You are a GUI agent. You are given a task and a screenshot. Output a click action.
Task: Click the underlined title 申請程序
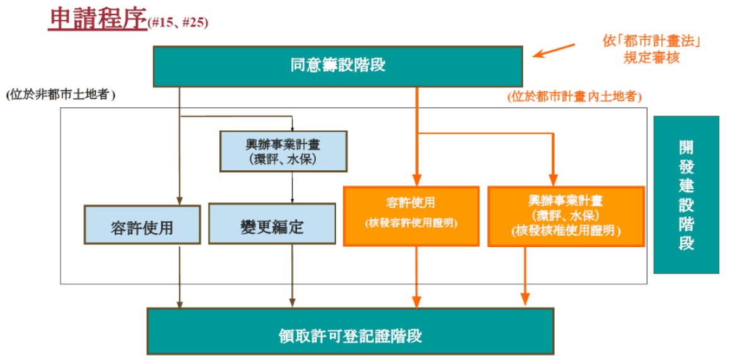tap(97, 18)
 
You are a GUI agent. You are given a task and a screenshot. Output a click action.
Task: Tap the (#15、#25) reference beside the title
tap(178, 22)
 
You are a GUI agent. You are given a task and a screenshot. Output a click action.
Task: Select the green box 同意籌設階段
tap(338, 66)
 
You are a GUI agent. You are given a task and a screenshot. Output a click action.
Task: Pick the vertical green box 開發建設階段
tap(686, 195)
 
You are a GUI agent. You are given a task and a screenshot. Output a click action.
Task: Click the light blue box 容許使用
tap(142, 224)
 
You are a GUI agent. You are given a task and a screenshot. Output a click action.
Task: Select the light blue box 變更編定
tap(272, 224)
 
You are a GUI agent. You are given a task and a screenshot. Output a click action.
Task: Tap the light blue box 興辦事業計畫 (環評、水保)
tap(284, 151)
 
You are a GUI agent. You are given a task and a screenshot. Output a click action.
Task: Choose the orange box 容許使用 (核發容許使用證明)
tap(411, 216)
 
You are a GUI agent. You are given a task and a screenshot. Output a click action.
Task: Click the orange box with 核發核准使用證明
tap(566, 216)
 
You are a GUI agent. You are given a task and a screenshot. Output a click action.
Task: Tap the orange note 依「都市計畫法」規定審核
tap(652, 50)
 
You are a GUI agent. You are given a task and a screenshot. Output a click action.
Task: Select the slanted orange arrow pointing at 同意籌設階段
tap(555, 51)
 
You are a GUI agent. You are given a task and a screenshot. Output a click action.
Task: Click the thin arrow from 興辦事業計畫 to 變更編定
tap(293, 187)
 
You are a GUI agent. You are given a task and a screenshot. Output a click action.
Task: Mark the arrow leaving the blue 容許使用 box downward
tap(180, 276)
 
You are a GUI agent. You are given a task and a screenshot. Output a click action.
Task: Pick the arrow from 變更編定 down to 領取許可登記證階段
tap(293, 276)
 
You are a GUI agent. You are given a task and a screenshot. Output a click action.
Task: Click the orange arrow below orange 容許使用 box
tap(417, 277)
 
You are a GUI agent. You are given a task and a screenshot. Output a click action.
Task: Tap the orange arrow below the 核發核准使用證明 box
tap(525, 276)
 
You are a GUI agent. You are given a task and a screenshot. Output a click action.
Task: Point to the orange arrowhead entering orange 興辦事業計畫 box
tap(554, 180)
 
